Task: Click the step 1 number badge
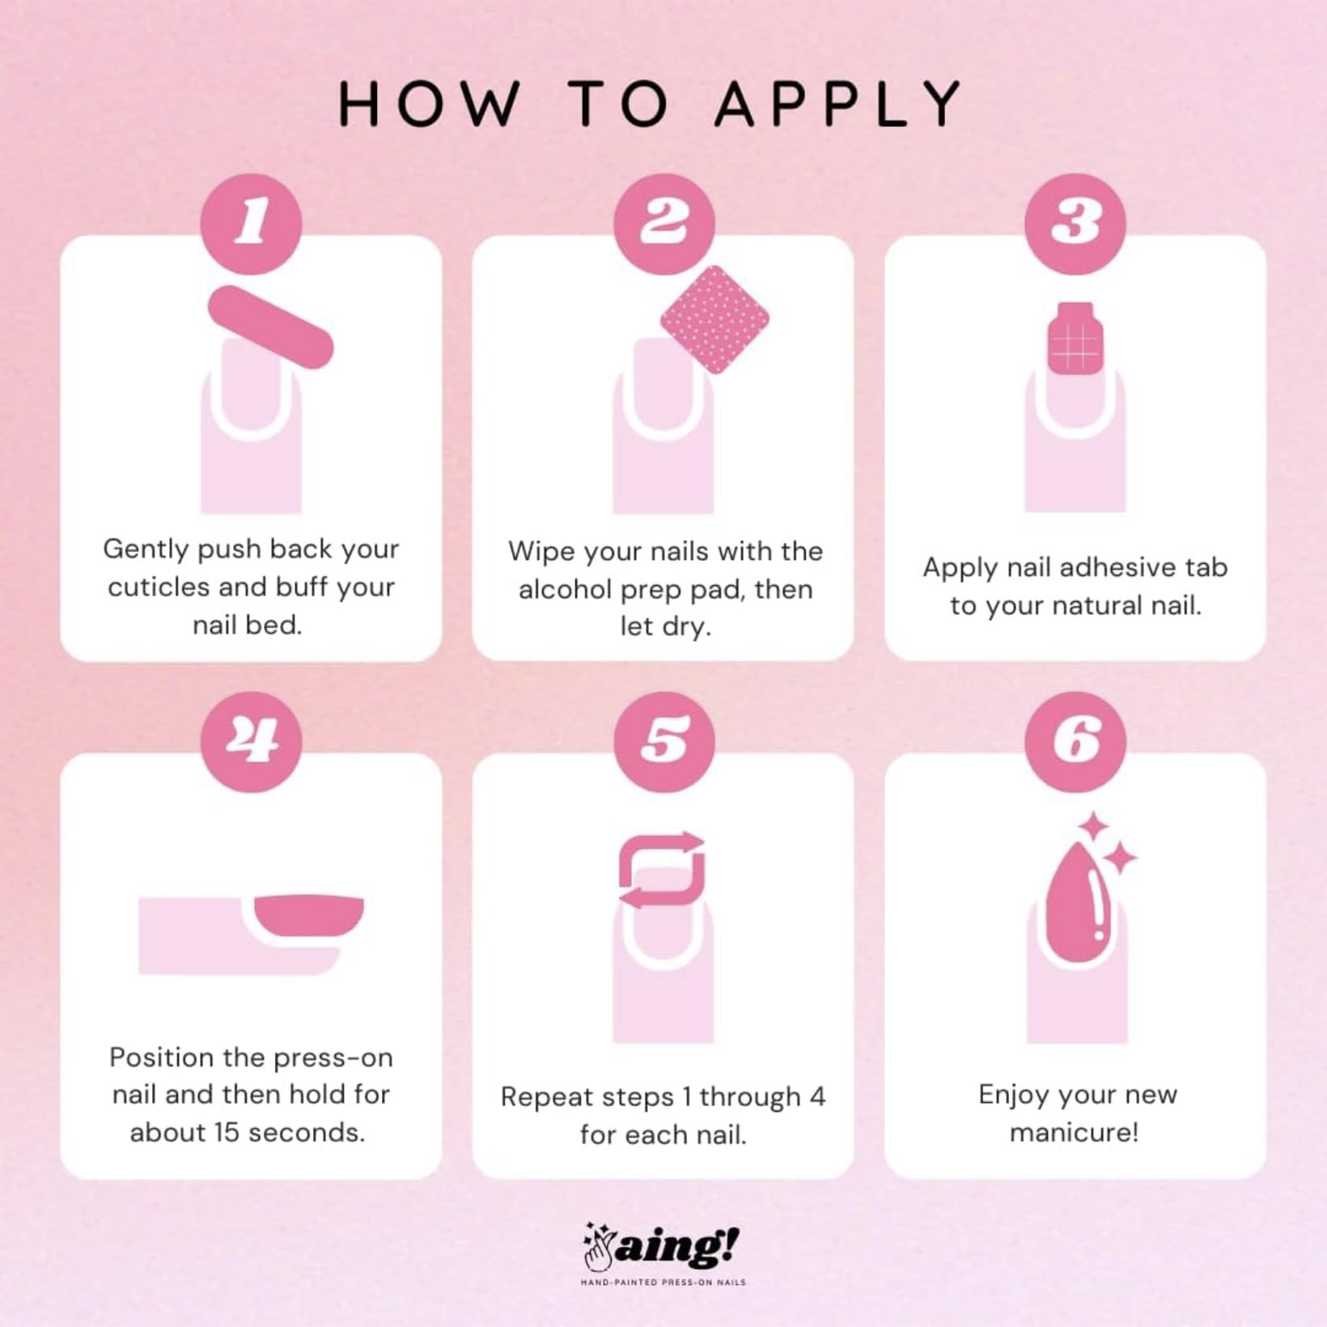tap(251, 223)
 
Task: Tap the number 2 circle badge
tap(663, 223)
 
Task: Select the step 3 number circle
tap(1075, 223)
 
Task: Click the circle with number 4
tap(251, 741)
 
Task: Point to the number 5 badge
tap(663, 741)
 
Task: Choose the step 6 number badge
tap(1075, 741)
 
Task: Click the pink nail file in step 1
tap(271, 327)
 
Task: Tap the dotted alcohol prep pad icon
tap(714, 320)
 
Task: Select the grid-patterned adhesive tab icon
tap(1075, 338)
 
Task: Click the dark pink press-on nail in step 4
tap(309, 915)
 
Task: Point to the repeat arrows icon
tap(662, 870)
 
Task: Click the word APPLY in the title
tap(838, 104)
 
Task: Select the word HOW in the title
tap(429, 104)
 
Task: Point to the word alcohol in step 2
tap(565, 589)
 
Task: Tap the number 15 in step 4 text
tap(227, 1132)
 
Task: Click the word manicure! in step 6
tap(1075, 1132)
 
